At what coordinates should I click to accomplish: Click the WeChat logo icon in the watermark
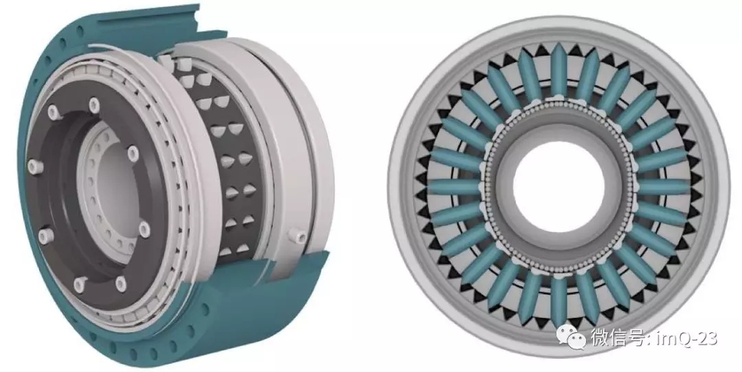click(x=572, y=336)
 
